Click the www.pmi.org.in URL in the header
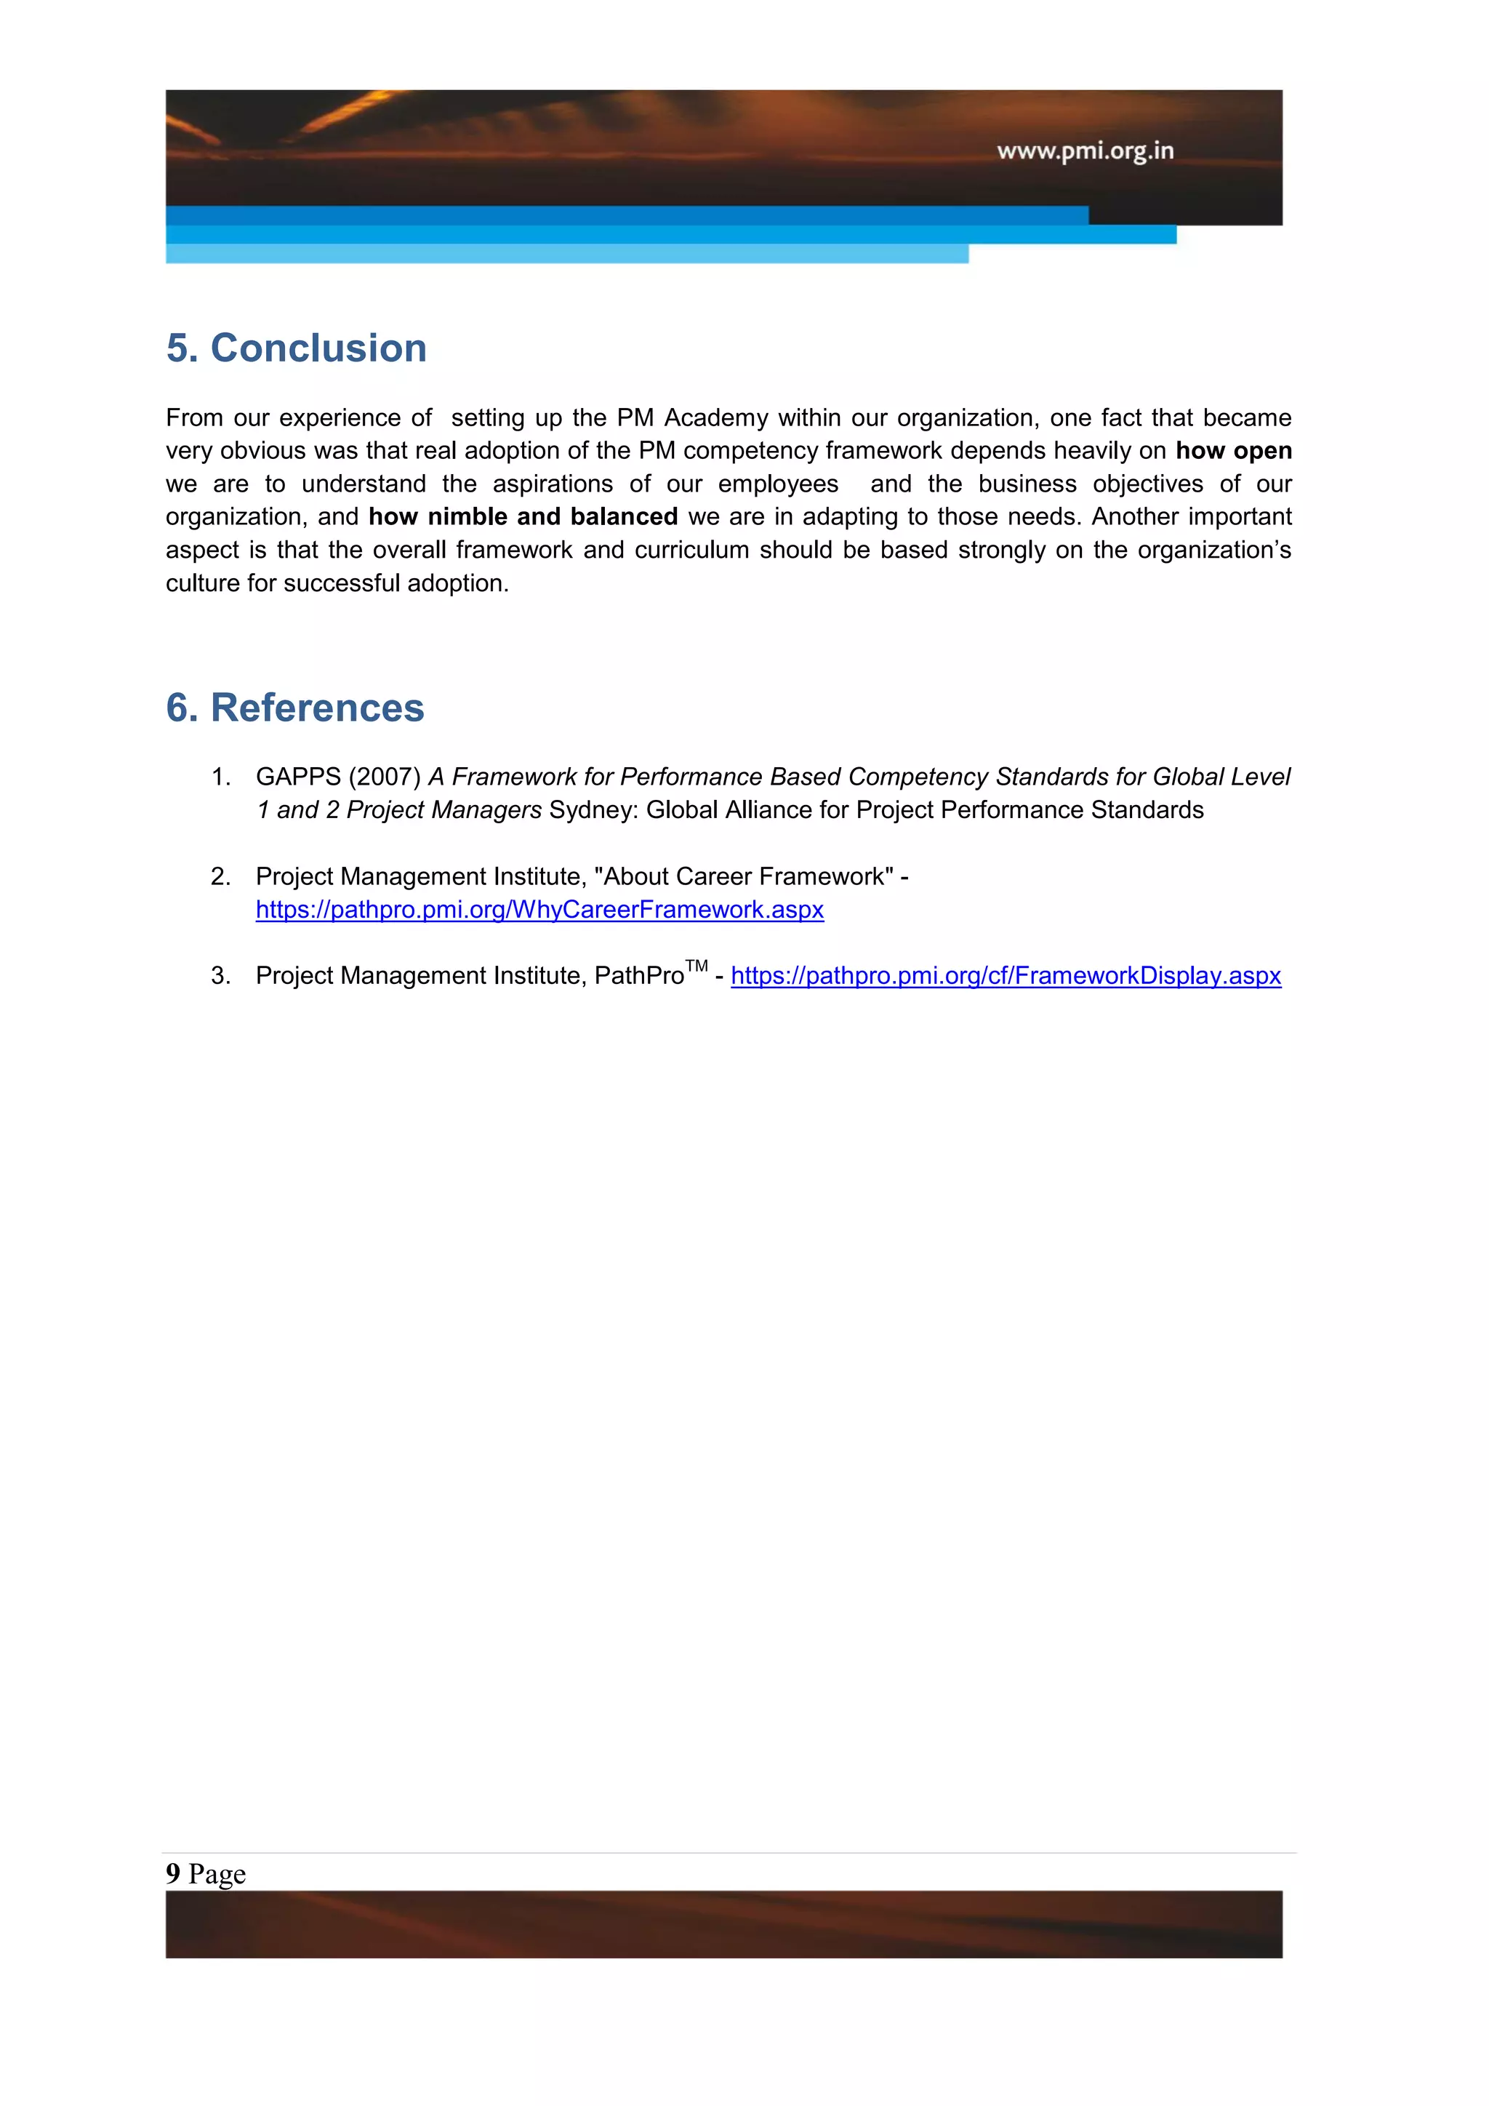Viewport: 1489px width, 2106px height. (1085, 151)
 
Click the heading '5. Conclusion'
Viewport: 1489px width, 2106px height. (296, 348)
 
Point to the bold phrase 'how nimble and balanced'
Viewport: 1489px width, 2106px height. (523, 517)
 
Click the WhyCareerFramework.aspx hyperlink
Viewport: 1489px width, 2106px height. (539, 910)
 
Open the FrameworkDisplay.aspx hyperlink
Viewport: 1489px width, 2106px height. (1005, 976)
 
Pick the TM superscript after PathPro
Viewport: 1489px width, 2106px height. (697, 966)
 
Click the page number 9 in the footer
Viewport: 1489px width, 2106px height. (173, 1873)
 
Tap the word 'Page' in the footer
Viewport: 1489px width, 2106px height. (217, 1874)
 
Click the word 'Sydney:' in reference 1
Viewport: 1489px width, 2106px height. (593, 810)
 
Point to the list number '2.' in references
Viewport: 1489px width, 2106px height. (220, 877)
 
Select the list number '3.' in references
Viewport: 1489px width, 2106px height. (220, 976)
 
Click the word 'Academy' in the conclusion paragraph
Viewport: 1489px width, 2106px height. (716, 418)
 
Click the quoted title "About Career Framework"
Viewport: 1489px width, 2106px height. (744, 877)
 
